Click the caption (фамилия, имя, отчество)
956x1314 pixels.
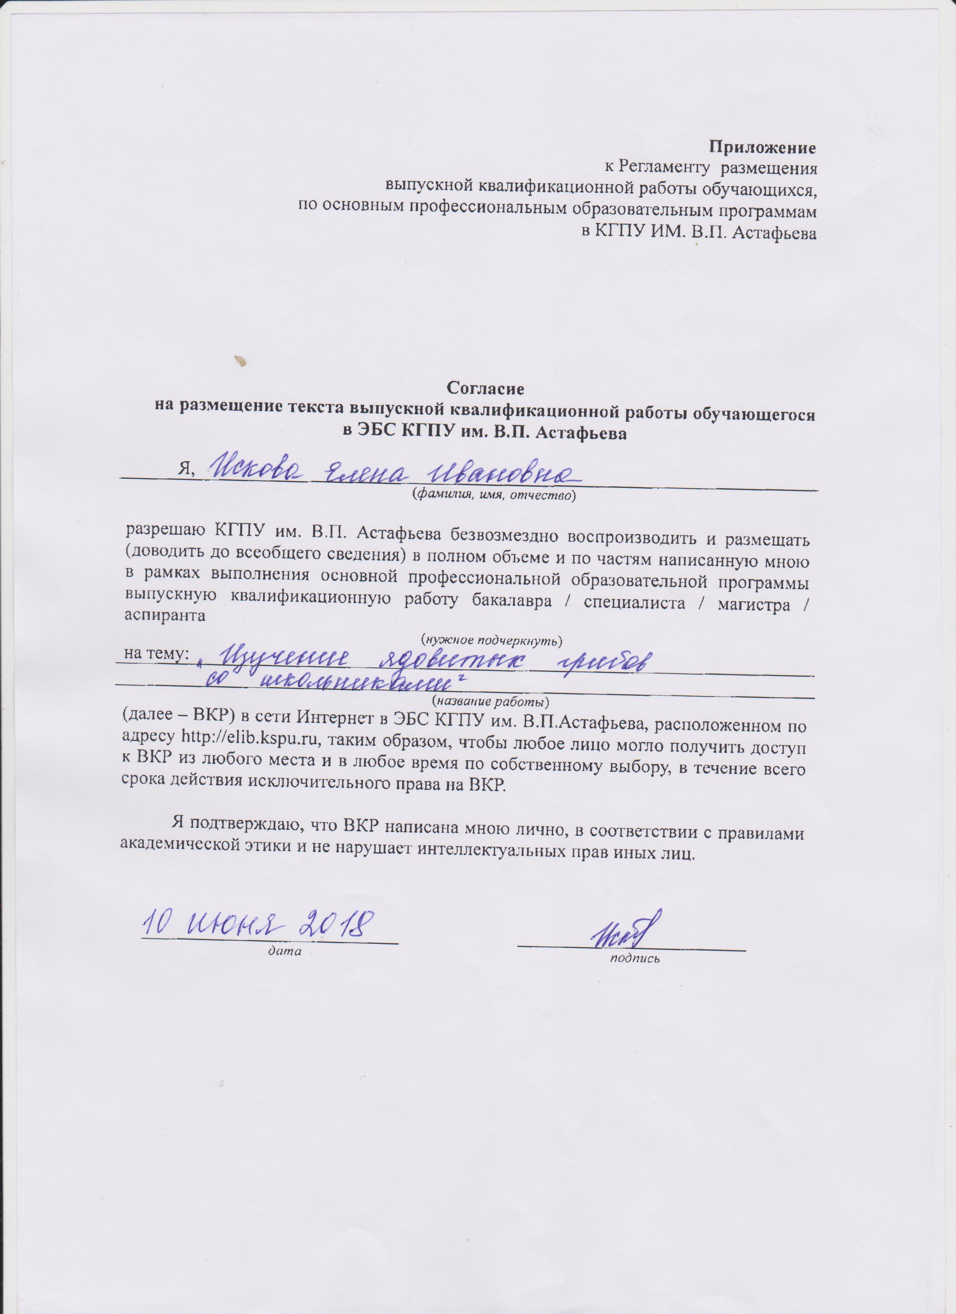coord(493,495)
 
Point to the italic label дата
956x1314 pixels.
coord(284,951)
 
